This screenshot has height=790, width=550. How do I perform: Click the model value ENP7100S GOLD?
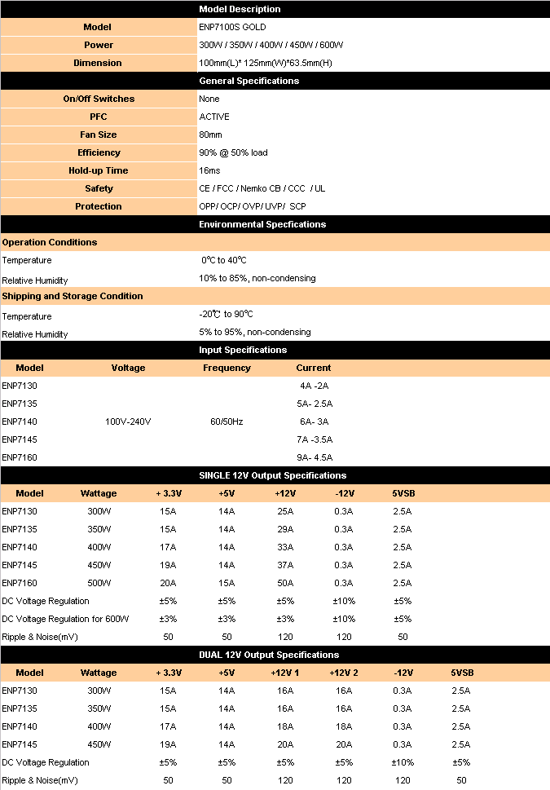[232, 27]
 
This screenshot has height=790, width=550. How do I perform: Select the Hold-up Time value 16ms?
[209, 170]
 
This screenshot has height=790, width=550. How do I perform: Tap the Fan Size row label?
[98, 135]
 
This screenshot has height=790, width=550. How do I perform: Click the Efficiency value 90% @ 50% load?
[233, 152]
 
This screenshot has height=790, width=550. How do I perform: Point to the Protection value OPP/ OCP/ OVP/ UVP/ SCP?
[253, 206]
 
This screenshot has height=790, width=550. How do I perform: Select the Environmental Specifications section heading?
[262, 224]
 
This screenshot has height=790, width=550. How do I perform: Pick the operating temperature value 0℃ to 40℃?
[224, 260]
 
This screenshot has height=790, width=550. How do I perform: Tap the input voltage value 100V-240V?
[128, 421]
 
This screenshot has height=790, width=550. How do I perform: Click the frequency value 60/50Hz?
[227, 421]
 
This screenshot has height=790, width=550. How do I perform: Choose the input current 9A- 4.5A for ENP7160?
[314, 457]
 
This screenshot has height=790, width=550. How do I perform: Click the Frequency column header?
[227, 368]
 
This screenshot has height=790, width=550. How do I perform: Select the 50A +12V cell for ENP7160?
[285, 583]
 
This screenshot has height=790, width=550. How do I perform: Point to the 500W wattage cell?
[99, 583]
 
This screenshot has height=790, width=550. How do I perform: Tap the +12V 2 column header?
[344, 673]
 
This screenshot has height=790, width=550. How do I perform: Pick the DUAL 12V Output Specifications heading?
[269, 655]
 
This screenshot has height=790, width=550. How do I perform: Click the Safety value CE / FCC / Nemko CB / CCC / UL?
[262, 188]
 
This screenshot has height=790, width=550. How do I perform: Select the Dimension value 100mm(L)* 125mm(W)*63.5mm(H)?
[265, 63]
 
